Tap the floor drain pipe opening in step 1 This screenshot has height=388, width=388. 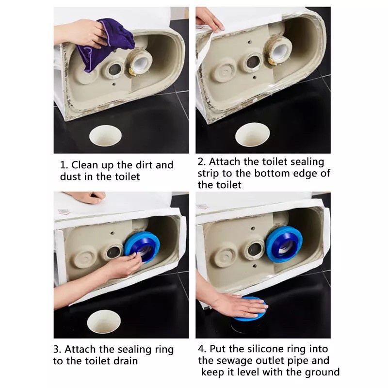point(105,135)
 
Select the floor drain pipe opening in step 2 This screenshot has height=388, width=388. point(252,135)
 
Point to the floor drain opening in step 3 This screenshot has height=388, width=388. point(104,322)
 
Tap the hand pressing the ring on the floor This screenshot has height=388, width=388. point(239,306)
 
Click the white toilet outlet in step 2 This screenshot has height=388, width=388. point(280,50)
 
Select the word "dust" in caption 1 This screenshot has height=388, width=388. point(69,177)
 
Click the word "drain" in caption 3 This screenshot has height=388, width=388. point(125,361)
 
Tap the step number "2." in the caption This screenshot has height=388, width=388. point(202,162)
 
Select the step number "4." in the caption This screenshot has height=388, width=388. point(202,349)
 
